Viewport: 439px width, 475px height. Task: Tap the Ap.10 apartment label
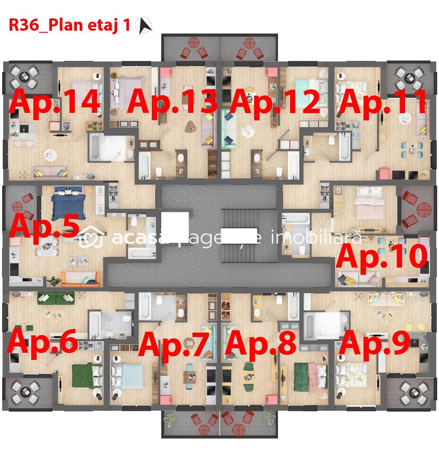[x=381, y=256]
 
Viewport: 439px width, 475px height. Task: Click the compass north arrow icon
[x=143, y=26]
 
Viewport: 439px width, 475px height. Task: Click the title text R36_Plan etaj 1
[x=69, y=25]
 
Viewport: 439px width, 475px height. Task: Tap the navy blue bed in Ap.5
[x=67, y=204]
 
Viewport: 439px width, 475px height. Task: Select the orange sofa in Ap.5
[x=80, y=279]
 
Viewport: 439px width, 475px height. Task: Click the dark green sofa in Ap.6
[x=55, y=297]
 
